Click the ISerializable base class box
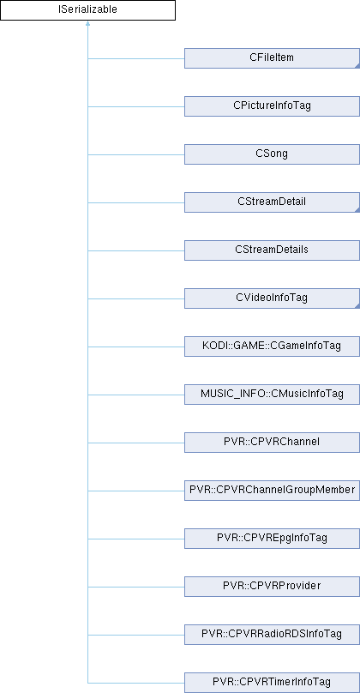point(88,10)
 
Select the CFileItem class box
point(272,58)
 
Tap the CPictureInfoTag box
point(272,106)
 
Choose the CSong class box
point(272,154)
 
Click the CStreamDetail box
point(272,202)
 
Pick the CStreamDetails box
point(272,250)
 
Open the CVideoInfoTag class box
point(272,298)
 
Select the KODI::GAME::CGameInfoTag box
point(272,346)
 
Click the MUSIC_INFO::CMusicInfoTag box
point(272,395)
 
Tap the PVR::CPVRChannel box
point(272,442)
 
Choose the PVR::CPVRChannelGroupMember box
point(272,490)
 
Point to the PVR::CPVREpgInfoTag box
point(272,539)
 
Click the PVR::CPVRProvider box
point(272,586)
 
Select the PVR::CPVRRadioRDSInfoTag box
point(272,634)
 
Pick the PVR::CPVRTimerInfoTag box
point(272,682)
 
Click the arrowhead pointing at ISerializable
point(88,24)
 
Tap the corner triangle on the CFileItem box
point(357,66)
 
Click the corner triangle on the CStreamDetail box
point(357,210)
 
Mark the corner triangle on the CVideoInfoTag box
point(357,306)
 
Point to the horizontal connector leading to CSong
point(136,154)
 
